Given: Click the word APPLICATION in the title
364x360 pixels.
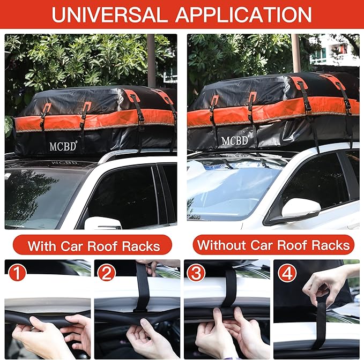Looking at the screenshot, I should pyautogui.click(x=244, y=14).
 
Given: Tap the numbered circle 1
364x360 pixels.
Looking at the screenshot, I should pyautogui.click(x=18, y=273).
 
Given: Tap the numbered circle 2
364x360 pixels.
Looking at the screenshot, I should pyautogui.click(x=107, y=273).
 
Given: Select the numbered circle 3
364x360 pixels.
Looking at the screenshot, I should pyautogui.click(x=196, y=273).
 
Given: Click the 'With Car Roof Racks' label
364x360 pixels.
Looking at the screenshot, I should pyautogui.click(x=94, y=246).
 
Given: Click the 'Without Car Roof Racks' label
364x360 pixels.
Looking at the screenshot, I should pyautogui.click(x=273, y=246).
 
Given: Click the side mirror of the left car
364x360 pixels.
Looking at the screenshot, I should pyautogui.click(x=102, y=223).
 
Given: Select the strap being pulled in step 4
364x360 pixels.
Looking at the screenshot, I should pyautogui.click(x=321, y=321).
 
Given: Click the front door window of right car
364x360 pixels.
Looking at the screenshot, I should pyautogui.click(x=311, y=182).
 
